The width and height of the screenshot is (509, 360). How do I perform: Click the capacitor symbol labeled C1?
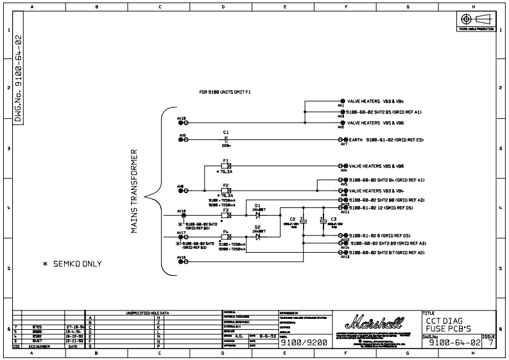pyautogui.click(x=226, y=139)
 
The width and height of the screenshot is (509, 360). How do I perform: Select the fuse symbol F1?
pyautogui.click(x=225, y=166)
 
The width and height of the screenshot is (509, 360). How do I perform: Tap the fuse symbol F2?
pyautogui.click(x=225, y=191)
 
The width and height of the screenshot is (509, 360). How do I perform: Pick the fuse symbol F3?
pyautogui.click(x=225, y=214)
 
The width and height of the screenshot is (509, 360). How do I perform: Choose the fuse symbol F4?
pyautogui.click(x=225, y=236)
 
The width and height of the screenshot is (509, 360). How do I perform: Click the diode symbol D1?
pyautogui.click(x=257, y=214)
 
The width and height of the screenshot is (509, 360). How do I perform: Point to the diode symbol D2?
pyautogui.click(x=257, y=236)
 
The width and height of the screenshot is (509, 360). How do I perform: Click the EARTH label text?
pyautogui.click(x=356, y=139)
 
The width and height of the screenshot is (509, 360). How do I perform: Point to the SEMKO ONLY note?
pyautogui.click(x=72, y=264)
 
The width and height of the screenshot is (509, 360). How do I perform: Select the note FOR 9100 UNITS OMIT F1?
pyautogui.click(x=225, y=93)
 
